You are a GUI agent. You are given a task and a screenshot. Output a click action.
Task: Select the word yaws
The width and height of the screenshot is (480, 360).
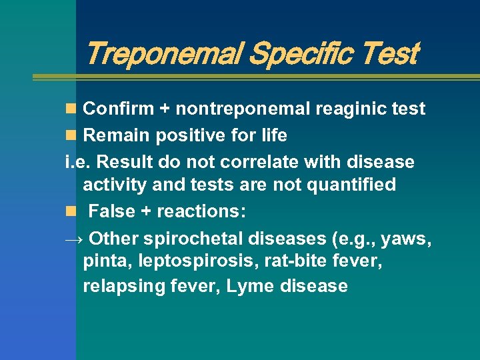point(408,238)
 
